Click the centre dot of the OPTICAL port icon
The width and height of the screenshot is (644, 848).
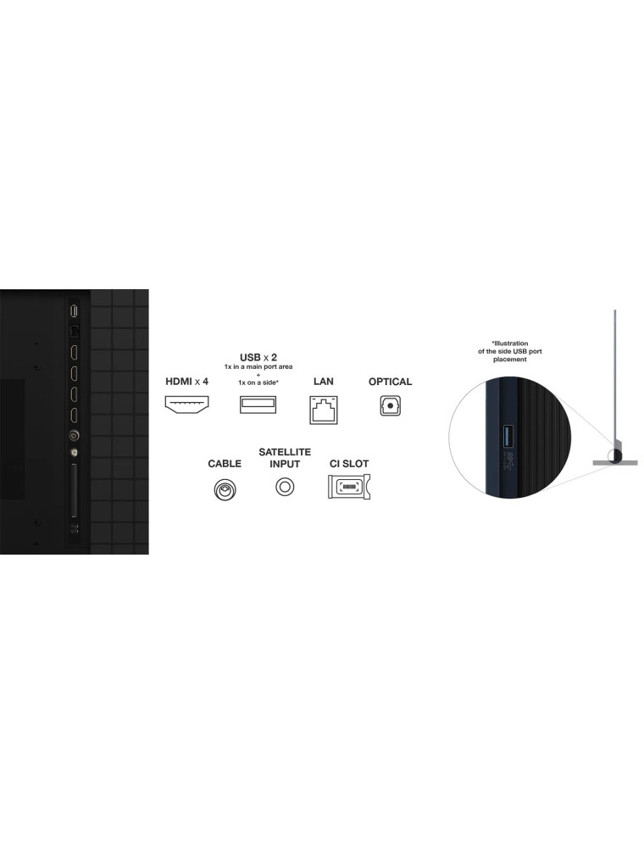[390, 405]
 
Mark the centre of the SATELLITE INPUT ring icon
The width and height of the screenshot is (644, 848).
[285, 486]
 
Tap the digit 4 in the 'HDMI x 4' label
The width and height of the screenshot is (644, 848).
[205, 382]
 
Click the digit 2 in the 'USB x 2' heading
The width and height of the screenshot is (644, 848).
[274, 358]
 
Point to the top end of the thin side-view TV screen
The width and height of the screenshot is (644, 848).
[615, 310]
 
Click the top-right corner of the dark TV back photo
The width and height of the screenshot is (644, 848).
[148, 289]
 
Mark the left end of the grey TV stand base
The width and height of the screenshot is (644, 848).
[593, 463]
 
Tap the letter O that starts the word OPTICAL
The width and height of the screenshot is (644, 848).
[373, 382]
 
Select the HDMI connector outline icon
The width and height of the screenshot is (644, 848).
[186, 404]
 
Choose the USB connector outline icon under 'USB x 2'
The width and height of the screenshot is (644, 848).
[258, 404]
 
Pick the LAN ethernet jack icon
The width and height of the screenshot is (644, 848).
[324, 410]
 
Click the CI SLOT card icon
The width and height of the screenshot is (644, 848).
[349, 486]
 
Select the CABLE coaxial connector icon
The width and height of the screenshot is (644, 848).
[225, 489]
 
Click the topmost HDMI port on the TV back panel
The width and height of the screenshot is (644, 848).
[74, 352]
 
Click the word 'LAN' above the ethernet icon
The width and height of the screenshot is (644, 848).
[324, 382]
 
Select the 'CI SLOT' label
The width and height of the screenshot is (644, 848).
[349, 464]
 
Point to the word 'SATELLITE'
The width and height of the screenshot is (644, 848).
[285, 452]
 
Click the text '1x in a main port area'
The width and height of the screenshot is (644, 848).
[258, 366]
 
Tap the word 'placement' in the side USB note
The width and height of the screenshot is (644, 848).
[509, 359]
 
